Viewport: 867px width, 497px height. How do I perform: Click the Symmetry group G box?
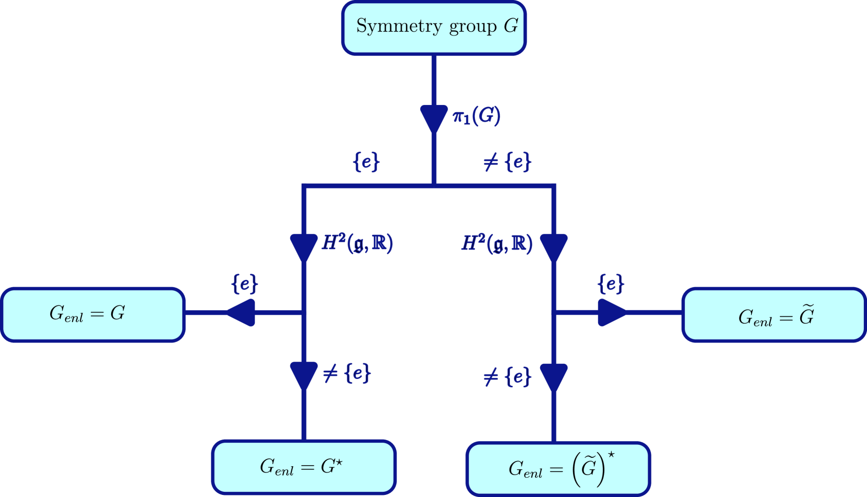434,28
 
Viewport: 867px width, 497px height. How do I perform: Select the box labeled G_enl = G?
93,314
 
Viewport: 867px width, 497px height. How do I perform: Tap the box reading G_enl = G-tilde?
774,315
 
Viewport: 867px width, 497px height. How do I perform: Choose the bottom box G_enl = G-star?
304,467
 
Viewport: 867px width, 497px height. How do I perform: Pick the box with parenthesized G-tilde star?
558,468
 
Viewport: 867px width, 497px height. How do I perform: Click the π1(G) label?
476,116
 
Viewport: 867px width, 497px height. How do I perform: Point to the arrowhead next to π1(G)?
434,118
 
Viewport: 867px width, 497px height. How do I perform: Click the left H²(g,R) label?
357,243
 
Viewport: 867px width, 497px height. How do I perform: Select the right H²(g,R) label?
497,243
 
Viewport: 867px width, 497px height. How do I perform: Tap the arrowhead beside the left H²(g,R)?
304,246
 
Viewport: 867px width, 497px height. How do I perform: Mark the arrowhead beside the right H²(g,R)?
554,246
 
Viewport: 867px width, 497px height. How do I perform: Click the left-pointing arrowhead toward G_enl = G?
241,313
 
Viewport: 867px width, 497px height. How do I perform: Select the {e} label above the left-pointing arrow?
244,284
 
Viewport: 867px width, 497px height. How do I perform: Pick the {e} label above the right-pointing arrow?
611,284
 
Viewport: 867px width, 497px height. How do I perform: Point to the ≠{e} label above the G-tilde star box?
507,377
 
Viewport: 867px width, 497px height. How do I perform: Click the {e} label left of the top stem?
366,162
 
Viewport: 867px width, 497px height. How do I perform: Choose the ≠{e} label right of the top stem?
507,162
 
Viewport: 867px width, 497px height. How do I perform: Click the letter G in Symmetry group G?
510,26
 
